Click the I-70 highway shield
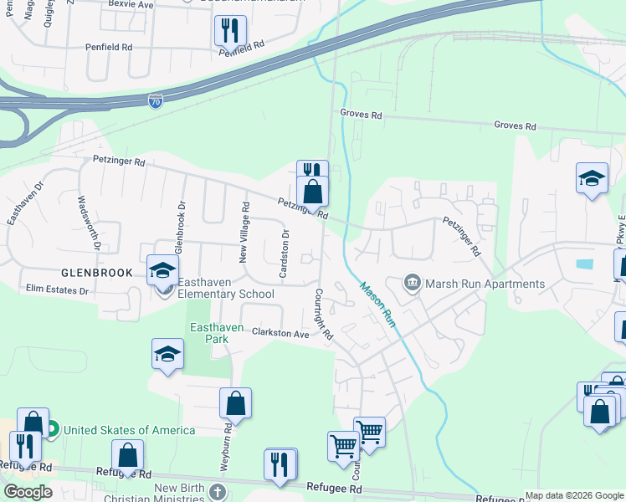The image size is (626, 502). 156,101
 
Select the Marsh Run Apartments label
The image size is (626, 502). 485,284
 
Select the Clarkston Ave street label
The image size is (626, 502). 281,333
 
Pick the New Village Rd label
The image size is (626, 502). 245,232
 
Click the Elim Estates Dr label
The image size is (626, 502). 57,290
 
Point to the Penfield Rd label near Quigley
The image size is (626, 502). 110,48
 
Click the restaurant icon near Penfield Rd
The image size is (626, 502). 228,31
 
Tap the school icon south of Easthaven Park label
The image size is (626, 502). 167,353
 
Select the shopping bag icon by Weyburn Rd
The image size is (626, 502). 236,404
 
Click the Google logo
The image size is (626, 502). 28,492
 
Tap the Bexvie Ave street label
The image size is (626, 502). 132,4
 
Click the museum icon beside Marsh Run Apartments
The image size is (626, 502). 412,284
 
